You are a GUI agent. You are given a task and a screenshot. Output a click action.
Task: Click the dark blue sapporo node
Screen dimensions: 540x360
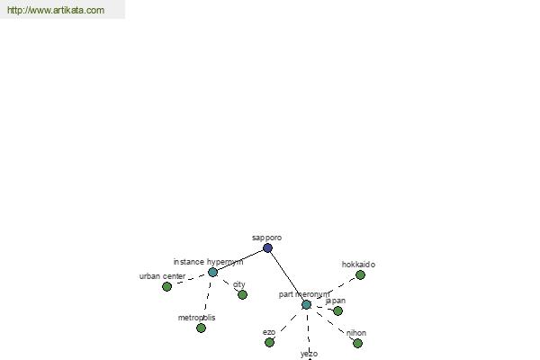coord(267,247)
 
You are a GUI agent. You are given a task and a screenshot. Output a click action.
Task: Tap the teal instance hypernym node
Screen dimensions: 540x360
coord(212,272)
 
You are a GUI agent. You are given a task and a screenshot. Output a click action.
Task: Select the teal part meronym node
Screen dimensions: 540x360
coord(306,304)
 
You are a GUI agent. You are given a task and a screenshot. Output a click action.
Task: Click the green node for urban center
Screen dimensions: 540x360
coord(166,286)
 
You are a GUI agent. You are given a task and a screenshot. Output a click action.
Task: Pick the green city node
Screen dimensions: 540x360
coord(242,294)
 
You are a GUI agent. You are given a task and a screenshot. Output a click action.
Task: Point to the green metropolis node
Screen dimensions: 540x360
coord(201,328)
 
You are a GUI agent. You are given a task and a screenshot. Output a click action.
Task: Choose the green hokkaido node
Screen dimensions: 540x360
coord(360,274)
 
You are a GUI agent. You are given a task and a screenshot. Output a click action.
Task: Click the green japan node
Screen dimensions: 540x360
coord(337,310)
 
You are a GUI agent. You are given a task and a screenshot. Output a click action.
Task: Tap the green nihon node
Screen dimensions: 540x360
coord(357,343)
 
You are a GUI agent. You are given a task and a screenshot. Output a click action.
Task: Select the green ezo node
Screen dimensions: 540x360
coord(269,342)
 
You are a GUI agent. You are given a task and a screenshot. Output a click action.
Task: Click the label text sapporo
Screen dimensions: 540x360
coord(267,238)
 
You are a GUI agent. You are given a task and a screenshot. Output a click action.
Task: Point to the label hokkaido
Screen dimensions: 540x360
coord(358,265)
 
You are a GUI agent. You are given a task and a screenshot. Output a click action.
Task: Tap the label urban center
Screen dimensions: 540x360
coord(162,276)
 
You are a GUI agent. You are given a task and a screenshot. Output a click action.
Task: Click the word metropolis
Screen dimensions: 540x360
coord(196,318)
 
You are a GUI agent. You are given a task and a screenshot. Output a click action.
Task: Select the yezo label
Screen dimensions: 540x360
coord(309,354)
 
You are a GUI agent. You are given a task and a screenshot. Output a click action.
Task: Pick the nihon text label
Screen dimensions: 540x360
coord(356,333)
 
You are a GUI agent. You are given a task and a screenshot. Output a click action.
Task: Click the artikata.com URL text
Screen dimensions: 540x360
coord(56,10)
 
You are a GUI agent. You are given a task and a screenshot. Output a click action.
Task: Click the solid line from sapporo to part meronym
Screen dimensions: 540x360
coord(287,276)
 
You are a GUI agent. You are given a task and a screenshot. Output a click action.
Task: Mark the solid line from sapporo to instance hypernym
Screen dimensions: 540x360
coord(240,260)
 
